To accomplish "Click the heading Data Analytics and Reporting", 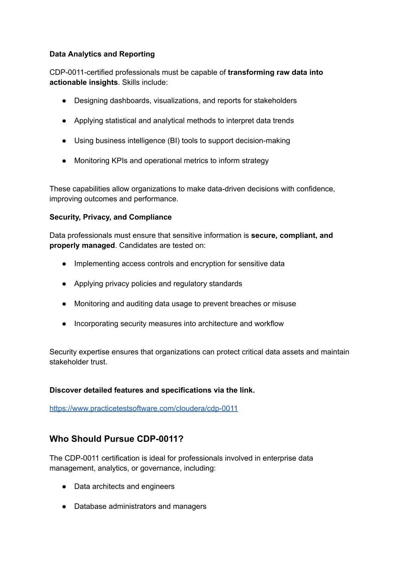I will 102,54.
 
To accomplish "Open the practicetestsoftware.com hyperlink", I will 143,408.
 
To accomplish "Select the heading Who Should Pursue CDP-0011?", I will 116,439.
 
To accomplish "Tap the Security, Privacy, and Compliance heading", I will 111,217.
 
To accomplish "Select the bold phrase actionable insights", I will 83,82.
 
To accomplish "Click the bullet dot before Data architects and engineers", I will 64,487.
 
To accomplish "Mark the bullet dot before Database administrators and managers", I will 64,507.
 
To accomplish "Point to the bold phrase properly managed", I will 82,245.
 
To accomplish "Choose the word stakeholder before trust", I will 68,362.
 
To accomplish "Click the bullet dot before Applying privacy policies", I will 64,283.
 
